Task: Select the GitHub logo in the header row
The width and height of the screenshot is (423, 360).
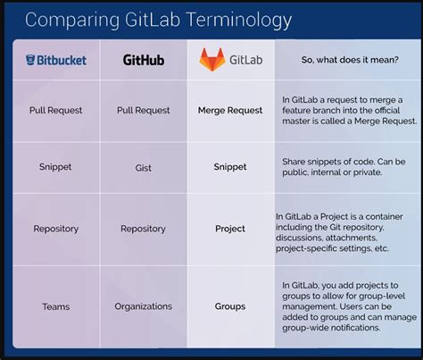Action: (x=143, y=61)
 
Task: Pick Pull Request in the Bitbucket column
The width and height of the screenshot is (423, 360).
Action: (x=55, y=111)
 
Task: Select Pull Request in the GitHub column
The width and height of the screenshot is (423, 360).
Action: (x=143, y=111)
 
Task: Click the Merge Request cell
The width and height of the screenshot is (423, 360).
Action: (x=230, y=111)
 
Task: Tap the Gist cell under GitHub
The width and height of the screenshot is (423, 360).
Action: (x=143, y=166)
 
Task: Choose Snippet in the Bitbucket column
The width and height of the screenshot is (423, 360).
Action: (x=55, y=166)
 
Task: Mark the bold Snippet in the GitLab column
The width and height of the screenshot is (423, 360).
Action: (x=230, y=166)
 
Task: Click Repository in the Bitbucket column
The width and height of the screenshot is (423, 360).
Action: (x=55, y=229)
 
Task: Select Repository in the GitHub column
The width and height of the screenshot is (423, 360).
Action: (x=143, y=229)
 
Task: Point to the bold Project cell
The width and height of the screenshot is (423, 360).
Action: (x=230, y=229)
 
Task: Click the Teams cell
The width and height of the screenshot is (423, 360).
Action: (x=55, y=306)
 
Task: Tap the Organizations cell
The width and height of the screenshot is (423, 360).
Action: (x=143, y=306)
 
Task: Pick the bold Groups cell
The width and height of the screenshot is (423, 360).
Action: (x=230, y=306)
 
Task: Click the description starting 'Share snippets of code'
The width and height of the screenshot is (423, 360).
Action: (x=344, y=167)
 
